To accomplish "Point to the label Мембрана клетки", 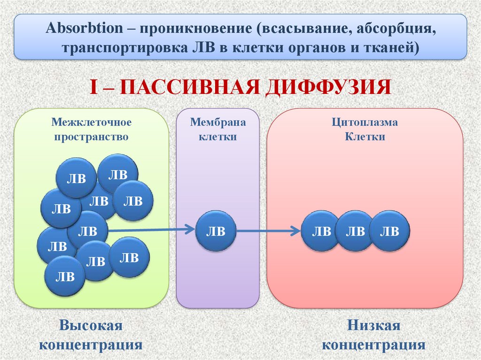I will point(217,130).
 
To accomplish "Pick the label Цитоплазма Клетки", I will point(365,130).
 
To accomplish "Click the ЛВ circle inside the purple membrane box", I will point(216,230).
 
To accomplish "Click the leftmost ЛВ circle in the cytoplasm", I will point(321,230).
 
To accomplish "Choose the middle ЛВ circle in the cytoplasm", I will point(356,230).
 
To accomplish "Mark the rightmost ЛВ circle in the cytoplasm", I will point(389,230).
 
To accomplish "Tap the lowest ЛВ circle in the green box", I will point(65,276).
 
